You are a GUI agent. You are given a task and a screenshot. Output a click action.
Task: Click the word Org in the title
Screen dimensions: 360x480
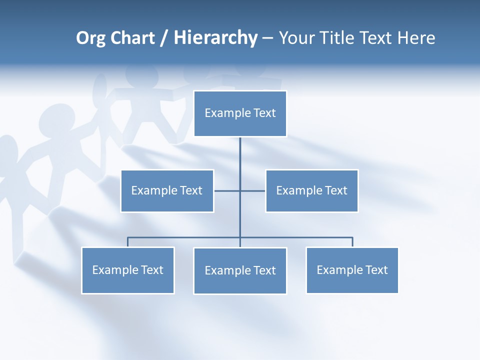[x=90, y=38]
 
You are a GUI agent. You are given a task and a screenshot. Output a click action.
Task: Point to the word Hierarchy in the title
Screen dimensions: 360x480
[x=215, y=38]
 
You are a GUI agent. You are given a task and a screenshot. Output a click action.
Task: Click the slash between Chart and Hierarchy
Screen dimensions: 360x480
[x=164, y=38]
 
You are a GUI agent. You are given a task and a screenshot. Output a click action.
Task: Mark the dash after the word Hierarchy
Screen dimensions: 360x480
[x=267, y=38]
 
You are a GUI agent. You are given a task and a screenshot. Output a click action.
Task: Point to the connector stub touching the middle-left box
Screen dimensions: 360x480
[x=226, y=190]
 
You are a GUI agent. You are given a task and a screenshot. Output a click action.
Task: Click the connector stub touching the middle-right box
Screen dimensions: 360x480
[x=253, y=190]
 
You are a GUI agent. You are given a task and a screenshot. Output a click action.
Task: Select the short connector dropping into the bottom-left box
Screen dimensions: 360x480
[x=127, y=242]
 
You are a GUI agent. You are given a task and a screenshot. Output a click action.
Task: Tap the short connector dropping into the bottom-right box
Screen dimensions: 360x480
[x=352, y=242]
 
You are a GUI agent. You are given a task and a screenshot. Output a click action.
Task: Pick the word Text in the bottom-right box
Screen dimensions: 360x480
[x=376, y=270]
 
